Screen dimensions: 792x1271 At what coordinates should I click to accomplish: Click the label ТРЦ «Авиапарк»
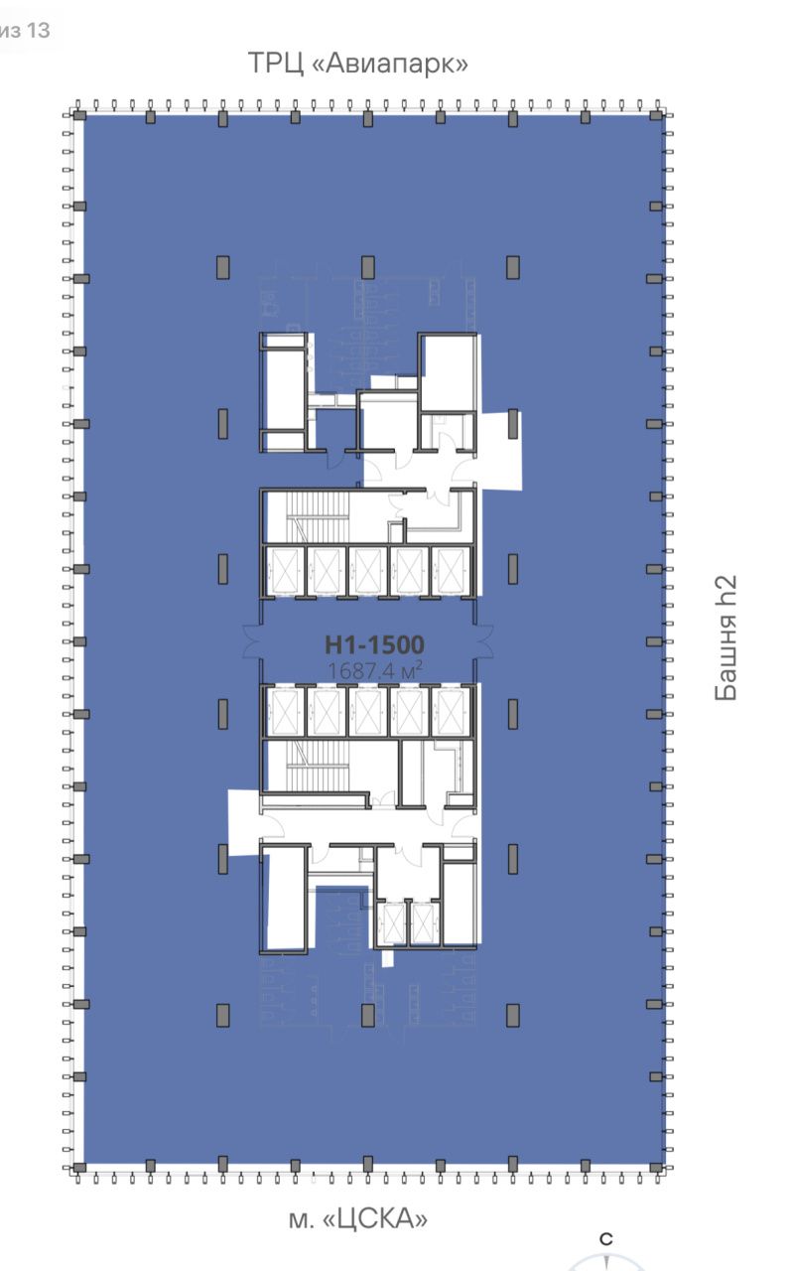click(x=358, y=63)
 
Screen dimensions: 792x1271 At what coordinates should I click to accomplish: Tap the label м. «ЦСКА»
click(x=358, y=1218)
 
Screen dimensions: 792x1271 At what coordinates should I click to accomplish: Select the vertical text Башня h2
click(x=726, y=637)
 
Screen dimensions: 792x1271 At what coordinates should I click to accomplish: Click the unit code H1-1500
click(x=374, y=644)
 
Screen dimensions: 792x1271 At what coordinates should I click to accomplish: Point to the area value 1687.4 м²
click(x=374, y=670)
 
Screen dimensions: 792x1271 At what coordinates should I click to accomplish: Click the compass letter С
click(x=606, y=1239)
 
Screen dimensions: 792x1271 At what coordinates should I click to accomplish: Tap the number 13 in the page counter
click(x=38, y=30)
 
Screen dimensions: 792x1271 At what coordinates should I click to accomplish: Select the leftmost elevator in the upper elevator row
click(x=284, y=570)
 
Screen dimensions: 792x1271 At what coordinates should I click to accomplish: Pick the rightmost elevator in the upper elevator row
click(x=450, y=570)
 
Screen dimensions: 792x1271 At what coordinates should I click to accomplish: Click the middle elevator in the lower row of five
click(x=367, y=712)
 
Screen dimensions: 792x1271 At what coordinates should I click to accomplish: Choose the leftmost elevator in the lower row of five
click(x=284, y=712)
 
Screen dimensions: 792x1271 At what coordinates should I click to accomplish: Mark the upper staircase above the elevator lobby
click(x=318, y=515)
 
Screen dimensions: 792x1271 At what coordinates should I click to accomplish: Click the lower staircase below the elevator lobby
click(x=318, y=766)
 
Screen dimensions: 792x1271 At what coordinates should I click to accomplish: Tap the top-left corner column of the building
click(x=78, y=116)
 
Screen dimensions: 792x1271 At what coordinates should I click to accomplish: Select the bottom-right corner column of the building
click(x=656, y=1167)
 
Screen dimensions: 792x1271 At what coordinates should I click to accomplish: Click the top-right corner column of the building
click(x=656, y=116)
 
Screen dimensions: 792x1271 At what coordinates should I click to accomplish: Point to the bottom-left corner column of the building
click(x=78, y=1167)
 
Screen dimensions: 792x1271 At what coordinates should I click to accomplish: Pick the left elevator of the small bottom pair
click(x=391, y=923)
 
